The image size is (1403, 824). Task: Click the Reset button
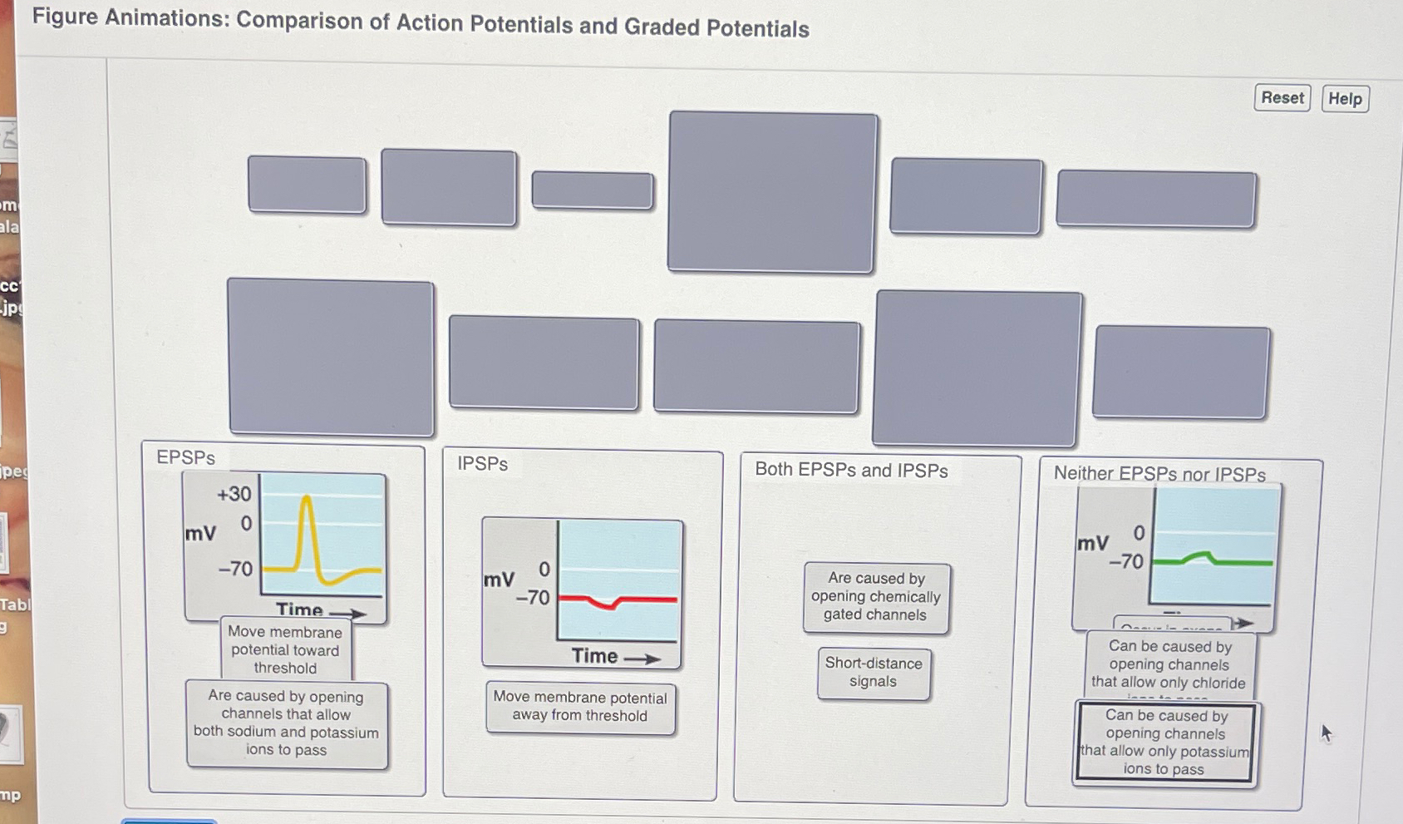[1282, 98]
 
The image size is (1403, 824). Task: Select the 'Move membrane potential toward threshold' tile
[285, 649]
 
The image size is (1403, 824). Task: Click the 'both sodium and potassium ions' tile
[287, 723]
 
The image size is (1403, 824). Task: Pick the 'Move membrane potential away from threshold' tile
[580, 707]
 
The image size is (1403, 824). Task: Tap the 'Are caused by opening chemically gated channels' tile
[876, 597]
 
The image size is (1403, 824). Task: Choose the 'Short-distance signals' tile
[874, 673]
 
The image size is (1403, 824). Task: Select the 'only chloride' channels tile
[1169, 664]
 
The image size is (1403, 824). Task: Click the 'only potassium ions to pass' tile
[1165, 743]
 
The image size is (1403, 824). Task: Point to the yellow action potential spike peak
[307, 499]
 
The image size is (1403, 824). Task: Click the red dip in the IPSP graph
[613, 604]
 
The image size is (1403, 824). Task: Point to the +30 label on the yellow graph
[234, 494]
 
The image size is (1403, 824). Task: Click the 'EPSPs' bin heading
[186, 457]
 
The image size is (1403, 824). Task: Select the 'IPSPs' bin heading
[482, 464]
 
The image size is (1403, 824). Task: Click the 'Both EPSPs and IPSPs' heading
[851, 470]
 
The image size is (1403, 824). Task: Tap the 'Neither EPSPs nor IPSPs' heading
[1159, 474]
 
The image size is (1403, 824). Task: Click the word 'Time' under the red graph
[595, 656]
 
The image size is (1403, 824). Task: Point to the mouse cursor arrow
[1326, 732]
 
